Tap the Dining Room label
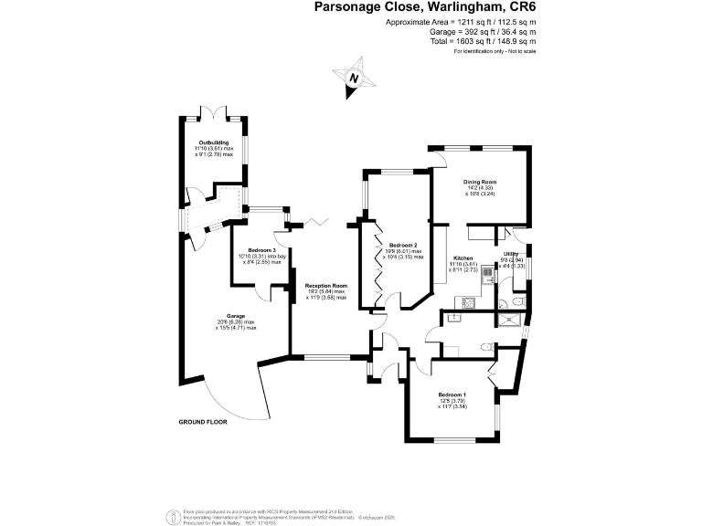(x=480, y=182)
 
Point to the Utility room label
(x=512, y=253)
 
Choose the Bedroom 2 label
(x=403, y=246)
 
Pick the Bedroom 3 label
(x=261, y=250)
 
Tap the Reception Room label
(x=326, y=285)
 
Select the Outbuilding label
(x=216, y=142)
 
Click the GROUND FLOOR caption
(x=202, y=423)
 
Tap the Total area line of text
(x=485, y=41)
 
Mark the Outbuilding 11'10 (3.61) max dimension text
(x=216, y=148)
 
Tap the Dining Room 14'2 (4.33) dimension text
(x=480, y=188)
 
